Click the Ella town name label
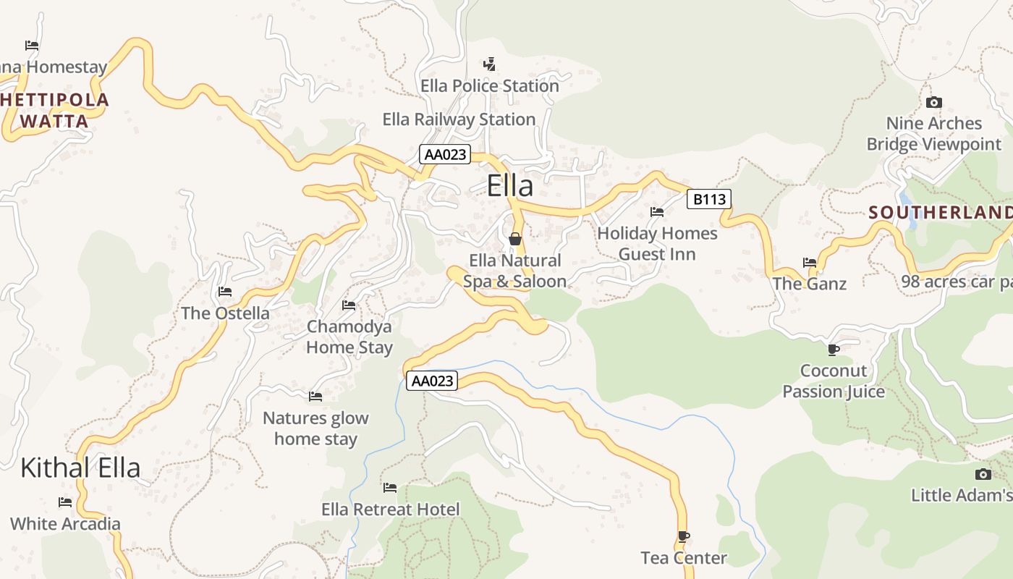pos(510,186)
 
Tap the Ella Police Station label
pos(490,85)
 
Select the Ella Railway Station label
pos(459,119)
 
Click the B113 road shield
pos(709,198)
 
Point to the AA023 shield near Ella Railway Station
pos(445,154)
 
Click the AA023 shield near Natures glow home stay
pos(432,381)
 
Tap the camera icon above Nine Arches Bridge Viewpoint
pos(934,102)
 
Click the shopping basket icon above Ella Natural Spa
pos(515,238)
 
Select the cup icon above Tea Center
pos(683,536)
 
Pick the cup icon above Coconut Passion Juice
pos(834,350)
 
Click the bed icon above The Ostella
pos(225,292)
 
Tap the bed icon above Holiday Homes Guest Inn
pos(657,212)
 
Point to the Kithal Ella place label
pos(80,468)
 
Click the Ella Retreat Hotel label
pos(390,510)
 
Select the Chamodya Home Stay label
pos(349,337)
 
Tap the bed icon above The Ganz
pos(810,262)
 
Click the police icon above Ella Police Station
pos(490,64)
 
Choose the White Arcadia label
pos(65,523)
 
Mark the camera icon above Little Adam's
pos(983,474)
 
